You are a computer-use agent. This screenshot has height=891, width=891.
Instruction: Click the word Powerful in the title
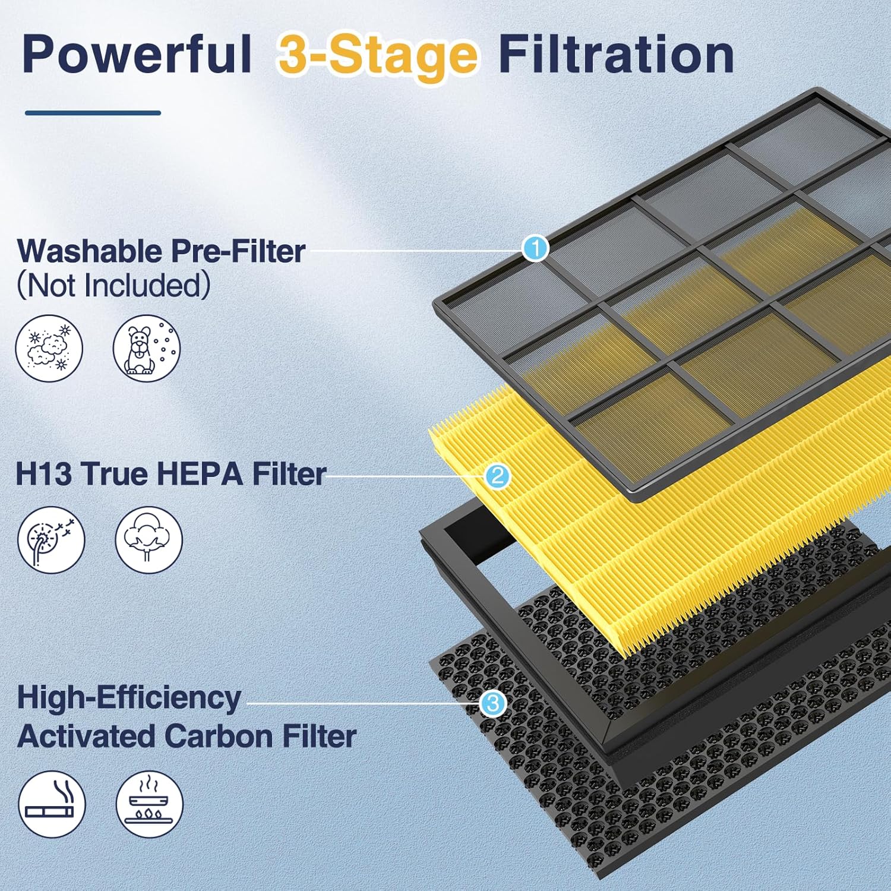(x=137, y=54)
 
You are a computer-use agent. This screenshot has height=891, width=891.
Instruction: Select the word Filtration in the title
(x=617, y=54)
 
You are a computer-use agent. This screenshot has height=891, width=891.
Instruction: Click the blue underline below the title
(x=93, y=112)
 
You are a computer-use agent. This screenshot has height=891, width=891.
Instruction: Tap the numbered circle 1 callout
(x=535, y=248)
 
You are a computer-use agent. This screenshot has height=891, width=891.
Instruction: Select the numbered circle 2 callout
(x=497, y=476)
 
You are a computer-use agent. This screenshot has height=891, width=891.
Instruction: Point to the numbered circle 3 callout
(x=492, y=704)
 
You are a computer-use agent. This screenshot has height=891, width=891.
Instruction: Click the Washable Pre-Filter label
(x=161, y=251)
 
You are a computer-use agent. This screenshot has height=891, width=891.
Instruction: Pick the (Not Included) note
(x=113, y=285)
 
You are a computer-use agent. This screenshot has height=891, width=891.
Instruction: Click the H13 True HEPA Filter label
(x=171, y=473)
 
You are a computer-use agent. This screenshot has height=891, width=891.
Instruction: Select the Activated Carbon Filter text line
(x=187, y=736)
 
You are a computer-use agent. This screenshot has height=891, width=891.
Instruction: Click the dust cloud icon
(x=49, y=349)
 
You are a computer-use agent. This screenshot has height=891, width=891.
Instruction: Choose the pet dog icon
(x=147, y=349)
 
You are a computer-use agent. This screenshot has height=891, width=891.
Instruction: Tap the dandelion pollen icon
(x=51, y=540)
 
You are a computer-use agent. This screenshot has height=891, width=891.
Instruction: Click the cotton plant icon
(x=148, y=540)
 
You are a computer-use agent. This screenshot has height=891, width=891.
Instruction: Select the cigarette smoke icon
(x=52, y=804)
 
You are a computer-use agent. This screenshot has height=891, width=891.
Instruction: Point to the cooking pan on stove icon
(x=149, y=804)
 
